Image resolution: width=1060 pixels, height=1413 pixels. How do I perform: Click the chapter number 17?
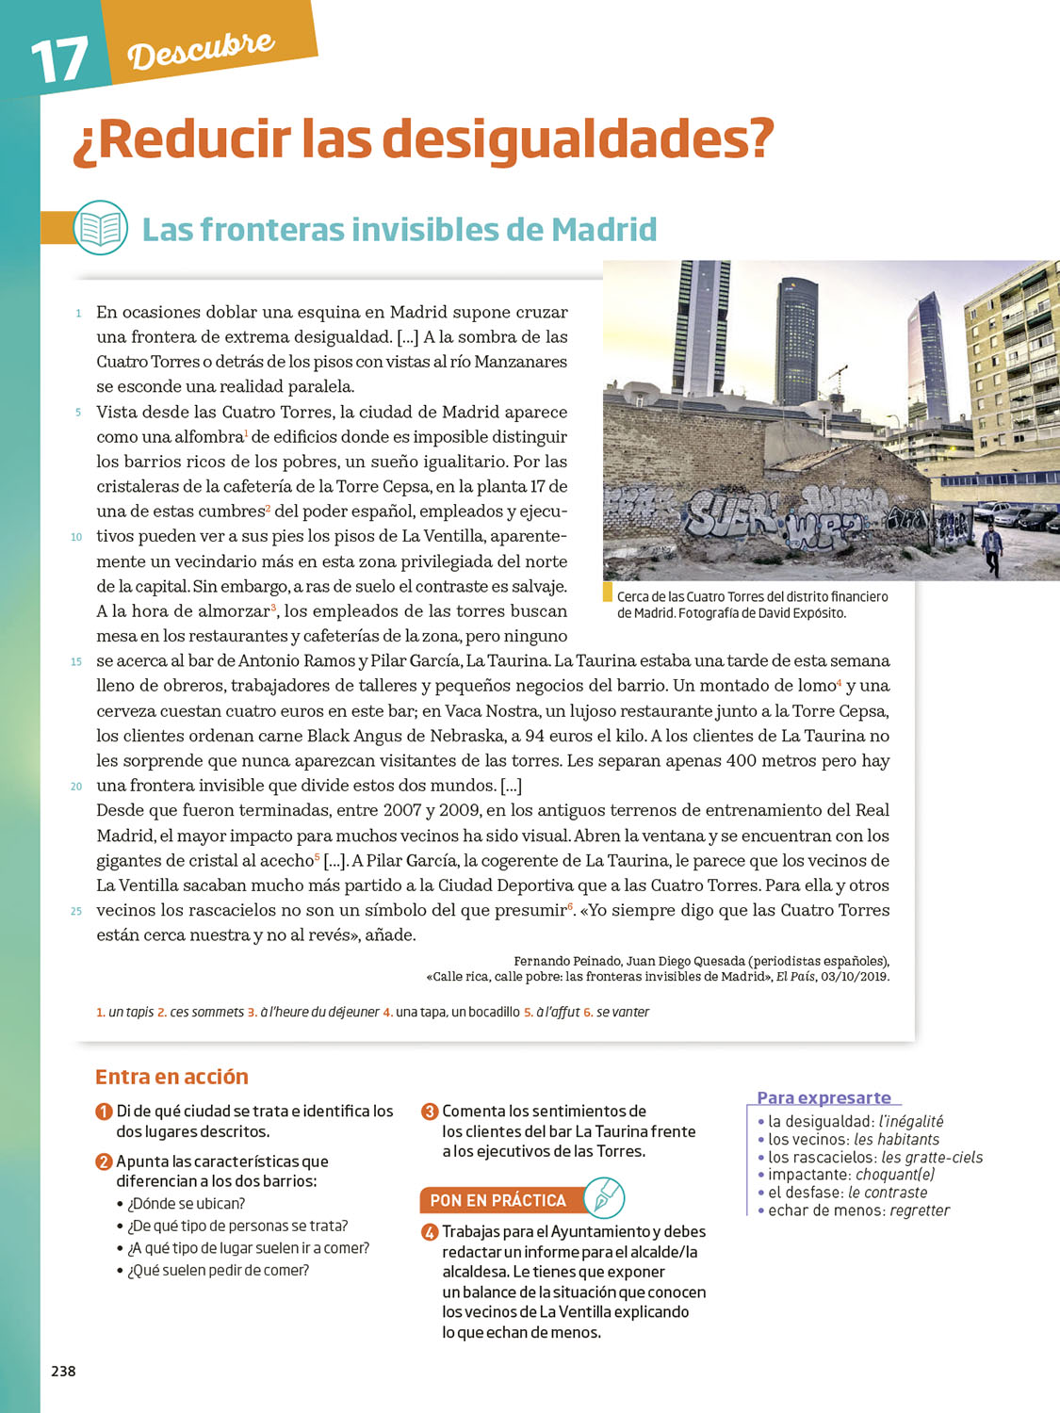59,61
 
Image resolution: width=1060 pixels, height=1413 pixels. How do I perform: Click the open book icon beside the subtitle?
100,228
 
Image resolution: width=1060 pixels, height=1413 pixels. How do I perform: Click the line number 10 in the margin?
76,537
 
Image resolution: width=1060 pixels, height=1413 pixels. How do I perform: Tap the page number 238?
63,1372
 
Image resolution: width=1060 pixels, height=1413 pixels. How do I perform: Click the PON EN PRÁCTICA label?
497,1200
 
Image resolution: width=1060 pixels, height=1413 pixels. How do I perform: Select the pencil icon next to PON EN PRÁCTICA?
604,1197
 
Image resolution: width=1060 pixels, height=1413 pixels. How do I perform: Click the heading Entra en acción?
171,1077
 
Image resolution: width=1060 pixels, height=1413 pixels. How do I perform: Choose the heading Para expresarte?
824,1097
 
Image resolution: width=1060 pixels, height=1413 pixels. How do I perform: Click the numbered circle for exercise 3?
430,1112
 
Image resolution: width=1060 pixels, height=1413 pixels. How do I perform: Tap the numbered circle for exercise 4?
430,1232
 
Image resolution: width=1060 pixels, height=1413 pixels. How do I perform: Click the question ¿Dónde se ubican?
186,1204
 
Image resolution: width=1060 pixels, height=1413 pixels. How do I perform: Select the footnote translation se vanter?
623,1012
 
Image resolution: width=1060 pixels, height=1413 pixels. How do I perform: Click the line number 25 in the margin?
76,911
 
